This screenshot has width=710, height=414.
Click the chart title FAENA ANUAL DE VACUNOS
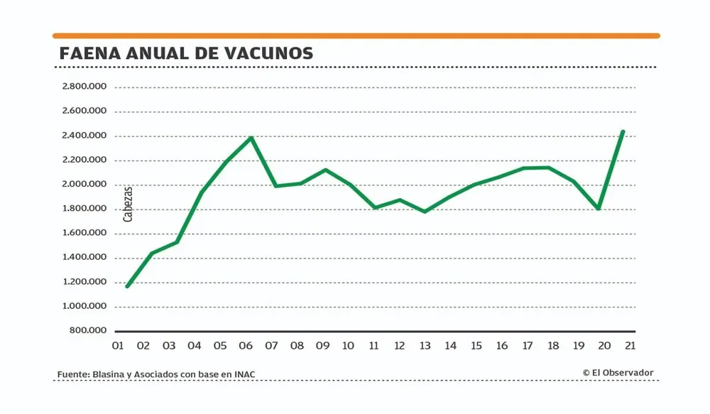pyautogui.click(x=186, y=54)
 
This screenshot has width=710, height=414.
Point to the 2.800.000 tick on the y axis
pyautogui.click(x=84, y=87)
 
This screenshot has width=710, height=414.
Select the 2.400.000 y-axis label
pyautogui.click(x=84, y=136)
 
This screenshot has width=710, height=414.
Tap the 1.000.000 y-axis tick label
pyautogui.click(x=84, y=307)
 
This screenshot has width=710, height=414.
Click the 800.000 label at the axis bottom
pyautogui.click(x=89, y=331)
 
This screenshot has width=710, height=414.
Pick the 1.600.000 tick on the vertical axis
pyautogui.click(x=84, y=234)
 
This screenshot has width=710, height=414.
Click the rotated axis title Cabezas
pyautogui.click(x=128, y=205)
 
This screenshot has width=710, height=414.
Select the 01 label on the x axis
pyautogui.click(x=118, y=347)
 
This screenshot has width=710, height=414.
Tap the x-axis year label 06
pyautogui.click(x=246, y=347)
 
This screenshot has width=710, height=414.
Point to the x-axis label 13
pyautogui.click(x=425, y=347)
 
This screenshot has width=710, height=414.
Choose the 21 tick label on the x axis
pyautogui.click(x=629, y=347)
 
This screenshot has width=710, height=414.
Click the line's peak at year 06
pyautogui.click(x=251, y=138)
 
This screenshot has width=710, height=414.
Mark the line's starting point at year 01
pyautogui.click(x=127, y=286)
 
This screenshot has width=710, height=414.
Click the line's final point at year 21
pyautogui.click(x=623, y=132)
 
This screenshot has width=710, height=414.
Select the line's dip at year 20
pyautogui.click(x=599, y=209)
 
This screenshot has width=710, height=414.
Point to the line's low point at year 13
pyautogui.click(x=425, y=212)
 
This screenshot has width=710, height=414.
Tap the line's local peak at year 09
pyautogui.click(x=325, y=170)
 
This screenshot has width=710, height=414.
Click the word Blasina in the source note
pyautogui.click(x=110, y=375)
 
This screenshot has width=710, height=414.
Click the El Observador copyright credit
pyautogui.click(x=618, y=373)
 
